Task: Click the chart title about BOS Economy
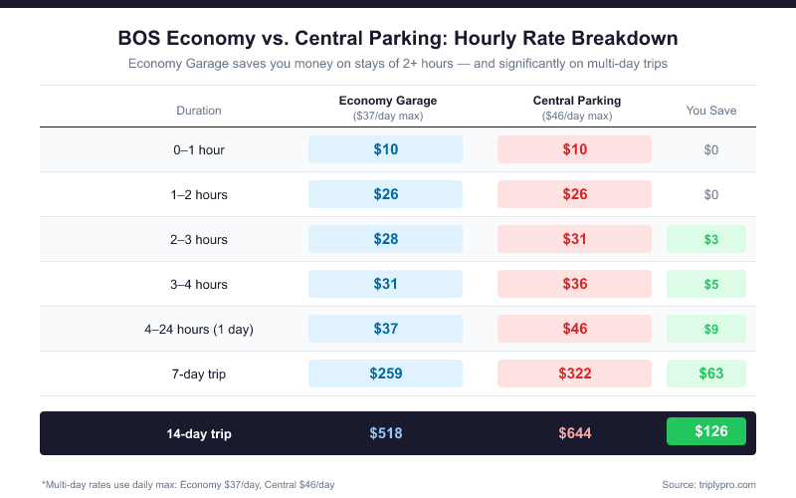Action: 398,39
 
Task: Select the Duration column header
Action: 199,111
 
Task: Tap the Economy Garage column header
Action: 386,101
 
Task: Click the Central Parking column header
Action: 576,101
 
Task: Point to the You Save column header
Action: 711,111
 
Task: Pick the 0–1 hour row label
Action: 199,150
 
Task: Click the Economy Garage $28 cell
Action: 385,239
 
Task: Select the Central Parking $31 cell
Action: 574,239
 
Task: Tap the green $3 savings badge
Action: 710,239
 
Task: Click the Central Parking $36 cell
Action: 574,284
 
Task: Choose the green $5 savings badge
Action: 710,284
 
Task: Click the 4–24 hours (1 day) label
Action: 199,329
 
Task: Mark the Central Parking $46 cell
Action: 574,329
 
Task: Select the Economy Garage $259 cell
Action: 385,373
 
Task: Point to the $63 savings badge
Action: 710,373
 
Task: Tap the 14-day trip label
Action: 199,434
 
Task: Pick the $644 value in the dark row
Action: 575,434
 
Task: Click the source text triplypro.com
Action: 708,484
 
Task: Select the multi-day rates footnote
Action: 188,484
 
